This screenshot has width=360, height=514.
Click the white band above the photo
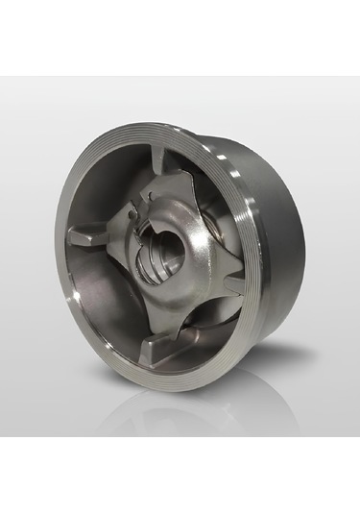tap(180, 38)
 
